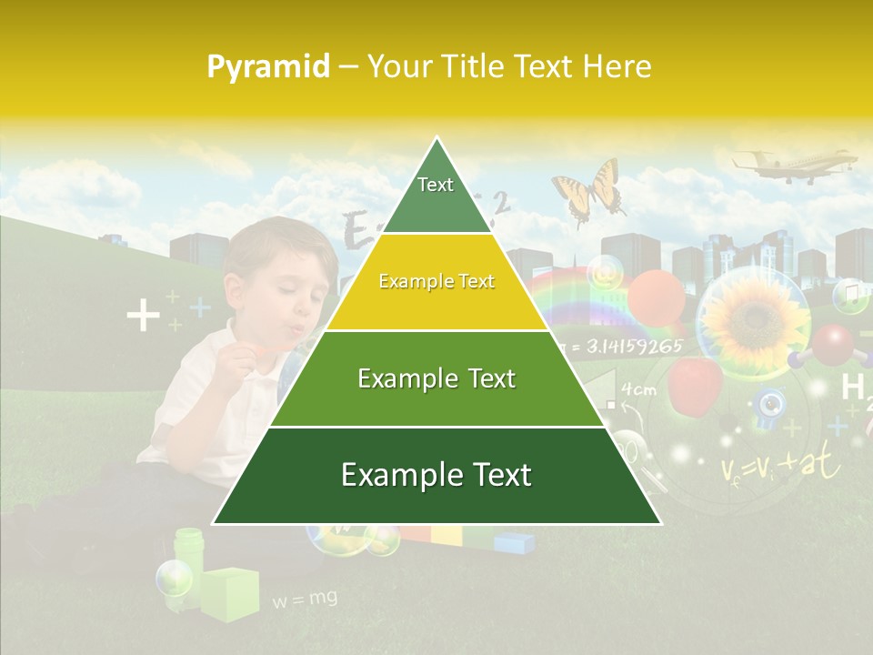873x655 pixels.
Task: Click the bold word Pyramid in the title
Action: (267, 67)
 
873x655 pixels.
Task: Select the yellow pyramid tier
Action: (436, 282)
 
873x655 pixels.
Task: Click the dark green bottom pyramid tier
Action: (436, 476)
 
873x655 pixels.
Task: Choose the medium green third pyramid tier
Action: (436, 378)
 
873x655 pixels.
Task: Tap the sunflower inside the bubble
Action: (753, 317)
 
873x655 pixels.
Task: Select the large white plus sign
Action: (143, 317)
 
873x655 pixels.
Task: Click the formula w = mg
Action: (305, 599)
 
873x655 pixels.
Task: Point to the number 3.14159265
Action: (633, 347)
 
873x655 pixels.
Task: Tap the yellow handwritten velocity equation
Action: (780, 466)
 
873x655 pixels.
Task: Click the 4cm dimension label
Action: (638, 390)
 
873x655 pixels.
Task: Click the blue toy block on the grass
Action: (514, 543)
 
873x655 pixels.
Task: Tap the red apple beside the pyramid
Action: (695, 382)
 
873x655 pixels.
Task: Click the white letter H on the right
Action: (852, 388)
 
